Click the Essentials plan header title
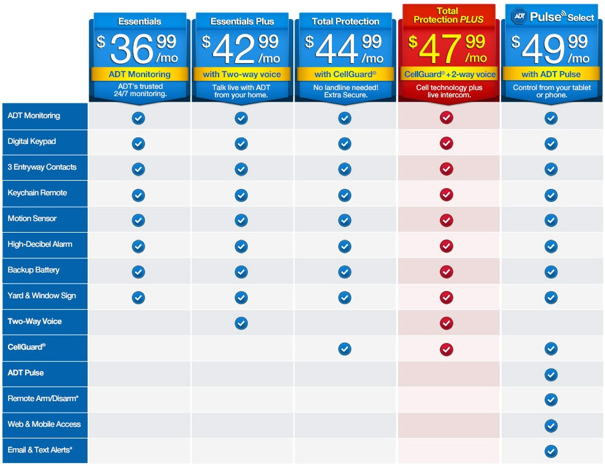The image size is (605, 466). pyautogui.click(x=139, y=21)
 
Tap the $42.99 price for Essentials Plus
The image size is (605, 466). pyautogui.click(x=241, y=49)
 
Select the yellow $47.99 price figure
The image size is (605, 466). pyautogui.click(x=448, y=49)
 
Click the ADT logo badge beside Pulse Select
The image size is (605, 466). pyautogui.click(x=519, y=17)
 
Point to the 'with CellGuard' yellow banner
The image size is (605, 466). pyautogui.click(x=345, y=74)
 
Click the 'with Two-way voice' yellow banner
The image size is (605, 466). pyautogui.click(x=242, y=74)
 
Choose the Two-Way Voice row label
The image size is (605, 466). pyautogui.click(x=35, y=321)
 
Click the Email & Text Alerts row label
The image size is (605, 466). pyautogui.click(x=40, y=450)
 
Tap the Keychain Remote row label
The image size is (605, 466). pyautogui.click(x=37, y=193)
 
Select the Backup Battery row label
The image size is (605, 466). pyautogui.click(x=34, y=270)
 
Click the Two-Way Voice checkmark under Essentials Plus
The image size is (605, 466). pyautogui.click(x=241, y=323)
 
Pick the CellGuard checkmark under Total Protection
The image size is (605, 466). pyautogui.click(x=345, y=348)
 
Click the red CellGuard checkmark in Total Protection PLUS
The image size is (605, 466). pyautogui.click(x=446, y=348)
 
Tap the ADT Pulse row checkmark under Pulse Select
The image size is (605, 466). pyautogui.click(x=551, y=374)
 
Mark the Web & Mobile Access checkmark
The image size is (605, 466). pyautogui.click(x=551, y=426)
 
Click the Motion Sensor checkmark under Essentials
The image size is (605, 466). pyautogui.click(x=138, y=220)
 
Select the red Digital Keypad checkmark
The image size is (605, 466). pyautogui.click(x=446, y=143)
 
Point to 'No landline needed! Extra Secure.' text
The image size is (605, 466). pyautogui.click(x=345, y=91)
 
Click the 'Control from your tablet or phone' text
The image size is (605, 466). pyautogui.click(x=552, y=91)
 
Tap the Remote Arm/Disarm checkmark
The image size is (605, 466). pyautogui.click(x=551, y=400)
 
